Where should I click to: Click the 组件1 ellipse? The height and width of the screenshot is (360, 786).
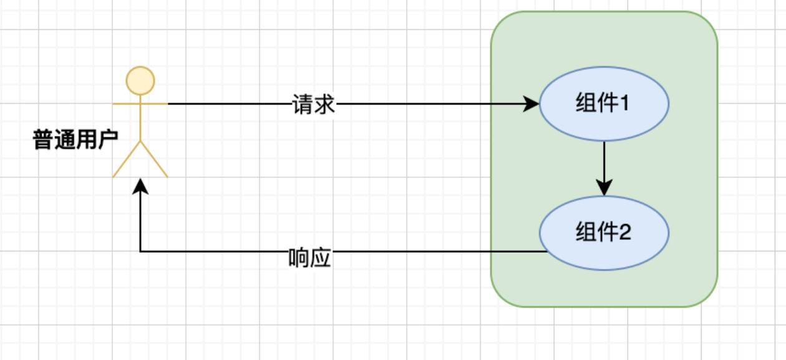(604, 104)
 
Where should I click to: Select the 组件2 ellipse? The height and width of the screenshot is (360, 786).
(604, 233)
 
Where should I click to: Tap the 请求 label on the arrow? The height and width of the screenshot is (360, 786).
(314, 104)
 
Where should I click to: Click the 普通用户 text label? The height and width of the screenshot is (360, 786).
(75, 140)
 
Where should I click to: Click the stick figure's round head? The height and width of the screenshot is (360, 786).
(140, 80)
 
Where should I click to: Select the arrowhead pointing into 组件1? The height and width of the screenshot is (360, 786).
(531, 104)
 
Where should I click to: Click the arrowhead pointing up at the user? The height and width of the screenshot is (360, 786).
(140, 185)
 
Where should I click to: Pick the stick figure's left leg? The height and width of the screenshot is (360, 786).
(127, 160)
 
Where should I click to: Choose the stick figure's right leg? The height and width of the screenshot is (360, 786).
(154, 160)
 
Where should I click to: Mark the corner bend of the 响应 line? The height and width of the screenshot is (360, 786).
(140, 251)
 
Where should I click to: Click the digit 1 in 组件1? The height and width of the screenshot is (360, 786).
(624, 104)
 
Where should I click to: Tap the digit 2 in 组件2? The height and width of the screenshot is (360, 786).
(624, 233)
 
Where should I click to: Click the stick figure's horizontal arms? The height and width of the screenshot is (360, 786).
(140, 104)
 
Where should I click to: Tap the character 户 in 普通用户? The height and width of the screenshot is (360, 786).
(108, 140)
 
